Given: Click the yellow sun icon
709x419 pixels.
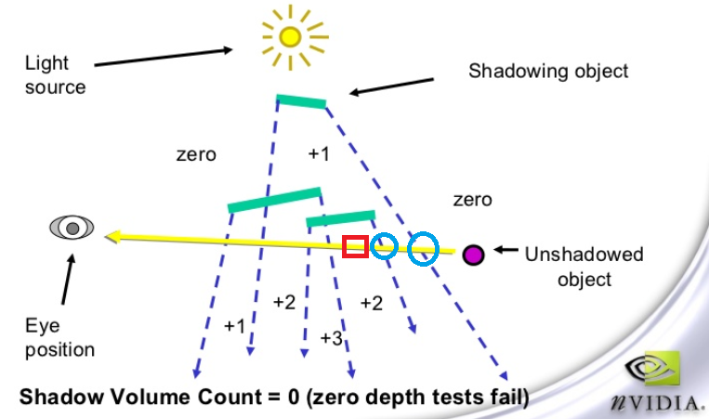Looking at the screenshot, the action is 290,36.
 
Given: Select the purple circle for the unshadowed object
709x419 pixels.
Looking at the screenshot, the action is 473,253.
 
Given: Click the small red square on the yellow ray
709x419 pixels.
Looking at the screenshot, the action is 354,246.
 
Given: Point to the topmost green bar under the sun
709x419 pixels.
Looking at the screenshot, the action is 301,100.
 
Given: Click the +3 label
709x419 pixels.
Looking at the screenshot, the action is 331,337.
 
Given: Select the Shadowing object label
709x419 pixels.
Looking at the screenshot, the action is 547,71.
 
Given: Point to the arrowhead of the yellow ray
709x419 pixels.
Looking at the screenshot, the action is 112,237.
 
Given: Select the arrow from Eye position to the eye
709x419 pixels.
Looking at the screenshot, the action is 68,281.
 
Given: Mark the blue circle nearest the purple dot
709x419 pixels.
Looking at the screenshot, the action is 424,247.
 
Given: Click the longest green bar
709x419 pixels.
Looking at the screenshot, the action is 274,199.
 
